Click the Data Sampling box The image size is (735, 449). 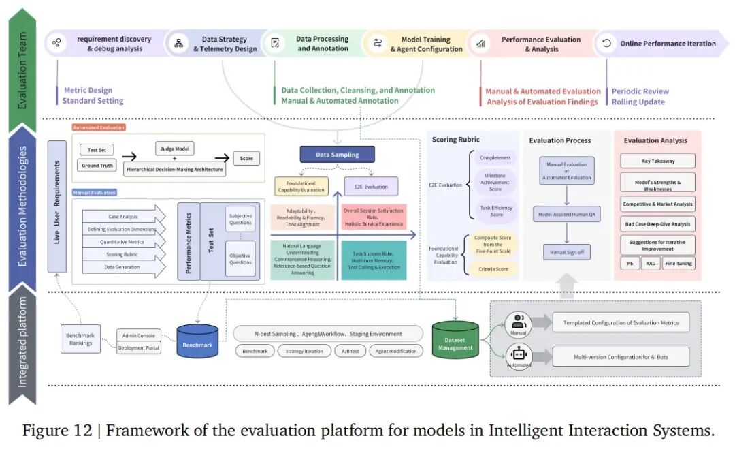click(337, 155)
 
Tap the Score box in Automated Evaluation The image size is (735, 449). click(246, 159)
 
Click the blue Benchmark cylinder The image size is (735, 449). click(197, 340)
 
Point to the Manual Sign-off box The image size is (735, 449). click(567, 253)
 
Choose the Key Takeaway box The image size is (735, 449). click(657, 161)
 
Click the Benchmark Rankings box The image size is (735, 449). click(80, 339)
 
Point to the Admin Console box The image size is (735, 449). click(139, 335)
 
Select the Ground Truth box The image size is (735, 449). click(97, 166)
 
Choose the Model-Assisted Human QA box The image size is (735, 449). click(567, 214)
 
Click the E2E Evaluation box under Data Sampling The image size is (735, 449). click(371, 186)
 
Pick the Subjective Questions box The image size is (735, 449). click(240, 220)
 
